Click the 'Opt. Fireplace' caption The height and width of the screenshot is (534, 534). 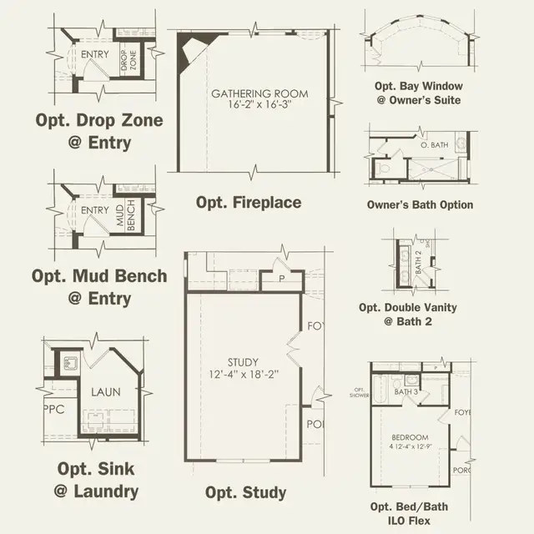pyautogui.click(x=249, y=203)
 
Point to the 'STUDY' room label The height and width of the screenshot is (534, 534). pyautogui.click(x=244, y=361)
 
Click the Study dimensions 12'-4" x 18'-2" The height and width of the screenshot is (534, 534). pyautogui.click(x=244, y=375)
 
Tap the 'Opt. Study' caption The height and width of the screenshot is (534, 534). pyautogui.click(x=245, y=492)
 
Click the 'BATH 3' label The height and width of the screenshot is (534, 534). pyautogui.click(x=406, y=390)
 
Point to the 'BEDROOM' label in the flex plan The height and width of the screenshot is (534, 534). pyautogui.click(x=410, y=437)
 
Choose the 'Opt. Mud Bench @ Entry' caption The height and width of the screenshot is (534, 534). pyautogui.click(x=99, y=286)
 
